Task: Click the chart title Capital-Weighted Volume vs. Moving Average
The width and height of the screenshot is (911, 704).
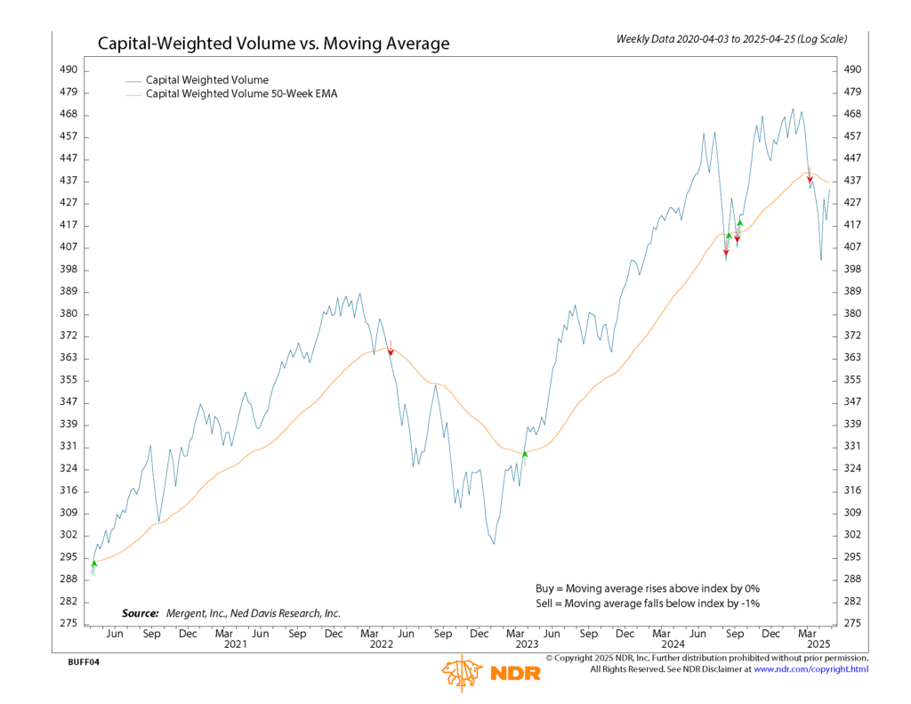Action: pyautogui.click(x=273, y=44)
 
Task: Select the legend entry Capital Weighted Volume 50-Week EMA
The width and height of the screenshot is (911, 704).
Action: pyautogui.click(x=241, y=93)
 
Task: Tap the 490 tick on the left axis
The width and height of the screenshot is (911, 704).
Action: pyautogui.click(x=69, y=69)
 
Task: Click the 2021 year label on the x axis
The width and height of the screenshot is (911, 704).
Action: pyautogui.click(x=235, y=643)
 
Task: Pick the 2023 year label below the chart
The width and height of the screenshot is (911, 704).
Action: pyautogui.click(x=528, y=643)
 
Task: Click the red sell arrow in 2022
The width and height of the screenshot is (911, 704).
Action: pyautogui.click(x=391, y=352)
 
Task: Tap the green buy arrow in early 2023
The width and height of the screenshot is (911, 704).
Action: pyautogui.click(x=525, y=454)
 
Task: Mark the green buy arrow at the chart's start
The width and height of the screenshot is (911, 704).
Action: pyautogui.click(x=94, y=563)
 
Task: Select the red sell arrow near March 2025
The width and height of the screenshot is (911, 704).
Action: pyautogui.click(x=810, y=179)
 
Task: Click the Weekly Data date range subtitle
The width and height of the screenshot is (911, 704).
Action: pyautogui.click(x=731, y=39)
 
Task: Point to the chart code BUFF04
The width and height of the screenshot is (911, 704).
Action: pyautogui.click(x=84, y=663)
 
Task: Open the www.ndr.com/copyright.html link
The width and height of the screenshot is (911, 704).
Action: pyautogui.click(x=810, y=668)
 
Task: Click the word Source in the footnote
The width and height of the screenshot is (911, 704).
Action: pyautogui.click(x=140, y=613)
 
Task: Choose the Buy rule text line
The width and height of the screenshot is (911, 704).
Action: pyautogui.click(x=647, y=588)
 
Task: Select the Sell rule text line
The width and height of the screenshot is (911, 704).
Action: pyautogui.click(x=647, y=603)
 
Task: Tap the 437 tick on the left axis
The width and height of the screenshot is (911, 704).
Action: pyautogui.click(x=69, y=181)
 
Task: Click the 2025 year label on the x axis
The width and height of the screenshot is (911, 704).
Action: pyautogui.click(x=818, y=643)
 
